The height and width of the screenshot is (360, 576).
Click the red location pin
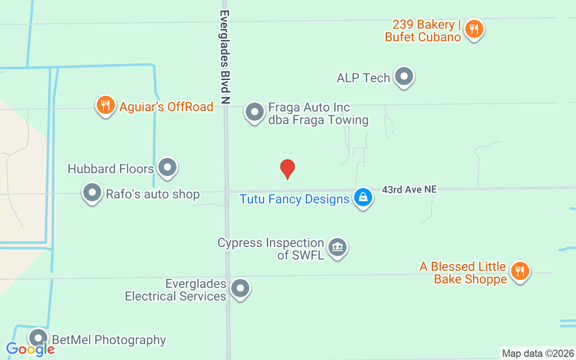coord(288,169)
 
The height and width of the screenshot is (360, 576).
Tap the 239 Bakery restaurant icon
coord(473,29)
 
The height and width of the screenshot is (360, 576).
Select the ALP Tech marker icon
coord(404,77)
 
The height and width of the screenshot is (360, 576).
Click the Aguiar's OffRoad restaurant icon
coord(106,106)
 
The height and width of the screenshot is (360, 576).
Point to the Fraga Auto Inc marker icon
coord(254,112)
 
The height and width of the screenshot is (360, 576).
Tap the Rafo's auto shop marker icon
coord(92,193)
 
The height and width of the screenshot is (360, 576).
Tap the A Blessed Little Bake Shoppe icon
coord(520,272)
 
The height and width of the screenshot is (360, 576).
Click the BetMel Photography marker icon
coord(38,338)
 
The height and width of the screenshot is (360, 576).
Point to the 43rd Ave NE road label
coord(409,189)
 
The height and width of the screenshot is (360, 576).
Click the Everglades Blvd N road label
coord(225,57)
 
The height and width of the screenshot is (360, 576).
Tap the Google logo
coord(30,349)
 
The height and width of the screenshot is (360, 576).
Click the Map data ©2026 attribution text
coord(538,353)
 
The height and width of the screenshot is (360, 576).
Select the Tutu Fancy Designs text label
coord(294,199)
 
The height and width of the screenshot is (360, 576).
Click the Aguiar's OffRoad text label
coord(166,107)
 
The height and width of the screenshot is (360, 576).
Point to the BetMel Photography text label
coord(109,340)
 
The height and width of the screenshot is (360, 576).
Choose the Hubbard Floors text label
coord(111,169)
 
